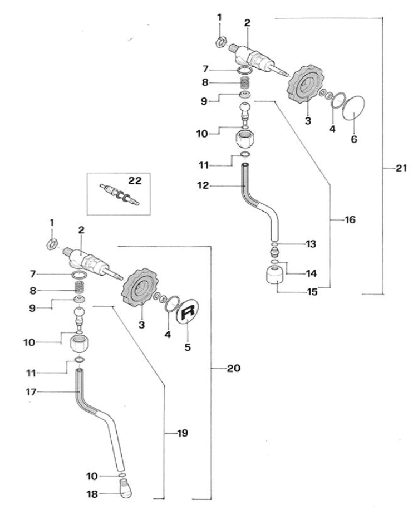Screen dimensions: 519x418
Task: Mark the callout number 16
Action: (349, 220)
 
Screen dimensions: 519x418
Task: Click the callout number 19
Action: (183, 433)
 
